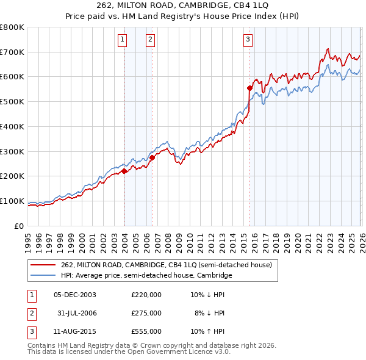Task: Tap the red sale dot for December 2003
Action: tap(124, 171)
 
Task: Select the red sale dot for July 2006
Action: tap(152, 157)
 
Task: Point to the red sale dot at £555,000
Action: tap(249, 88)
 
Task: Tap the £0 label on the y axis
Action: tap(18, 226)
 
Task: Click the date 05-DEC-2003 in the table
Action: tap(75, 295)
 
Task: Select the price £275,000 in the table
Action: tap(146, 313)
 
